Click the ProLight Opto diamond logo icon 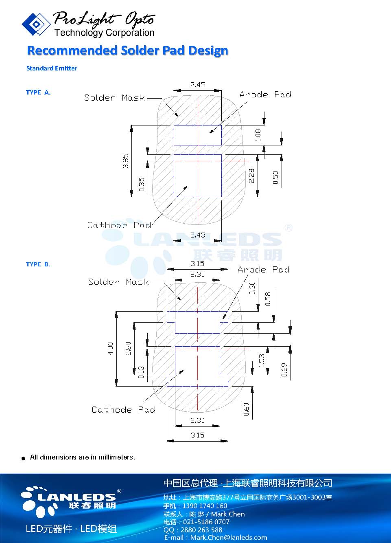36,24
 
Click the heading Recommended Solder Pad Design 127,51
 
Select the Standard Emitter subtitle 52,68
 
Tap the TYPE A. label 38,92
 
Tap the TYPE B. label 38,264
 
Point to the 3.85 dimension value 126,160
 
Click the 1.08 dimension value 258,135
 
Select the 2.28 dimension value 251,176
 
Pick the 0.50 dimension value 275,178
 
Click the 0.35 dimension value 142,184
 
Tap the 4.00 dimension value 110,348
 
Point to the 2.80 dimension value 128,348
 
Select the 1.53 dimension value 262,360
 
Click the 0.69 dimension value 284,369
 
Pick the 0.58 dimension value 268,299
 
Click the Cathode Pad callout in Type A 119,225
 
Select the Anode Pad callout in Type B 263,270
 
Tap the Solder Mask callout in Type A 114,98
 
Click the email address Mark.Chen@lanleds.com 228,538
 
